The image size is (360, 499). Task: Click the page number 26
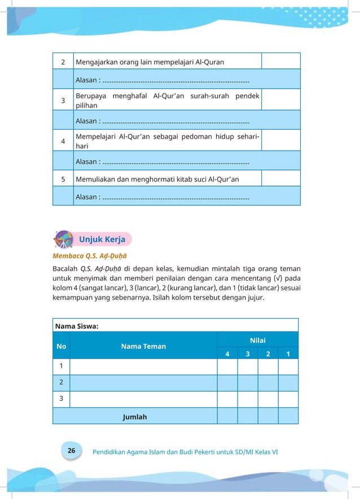tap(71, 451)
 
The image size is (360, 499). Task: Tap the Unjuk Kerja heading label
tap(102, 239)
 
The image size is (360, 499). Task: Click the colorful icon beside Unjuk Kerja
tap(63, 239)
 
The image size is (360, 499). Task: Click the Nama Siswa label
tap(77, 325)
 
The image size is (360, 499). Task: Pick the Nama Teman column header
tap(143, 346)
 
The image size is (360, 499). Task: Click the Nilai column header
tap(257, 340)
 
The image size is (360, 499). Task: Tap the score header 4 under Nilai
tap(227, 354)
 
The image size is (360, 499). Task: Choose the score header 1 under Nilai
tap(288, 354)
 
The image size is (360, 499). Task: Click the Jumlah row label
tap(134, 417)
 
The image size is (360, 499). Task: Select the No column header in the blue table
tap(61, 346)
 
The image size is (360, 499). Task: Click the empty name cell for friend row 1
tap(143, 366)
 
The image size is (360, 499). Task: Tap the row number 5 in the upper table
tap(63, 179)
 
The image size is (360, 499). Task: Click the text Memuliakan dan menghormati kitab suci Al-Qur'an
tap(157, 179)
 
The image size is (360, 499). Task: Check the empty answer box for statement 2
tap(280, 61)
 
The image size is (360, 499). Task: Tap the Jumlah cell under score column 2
tap(267, 417)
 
